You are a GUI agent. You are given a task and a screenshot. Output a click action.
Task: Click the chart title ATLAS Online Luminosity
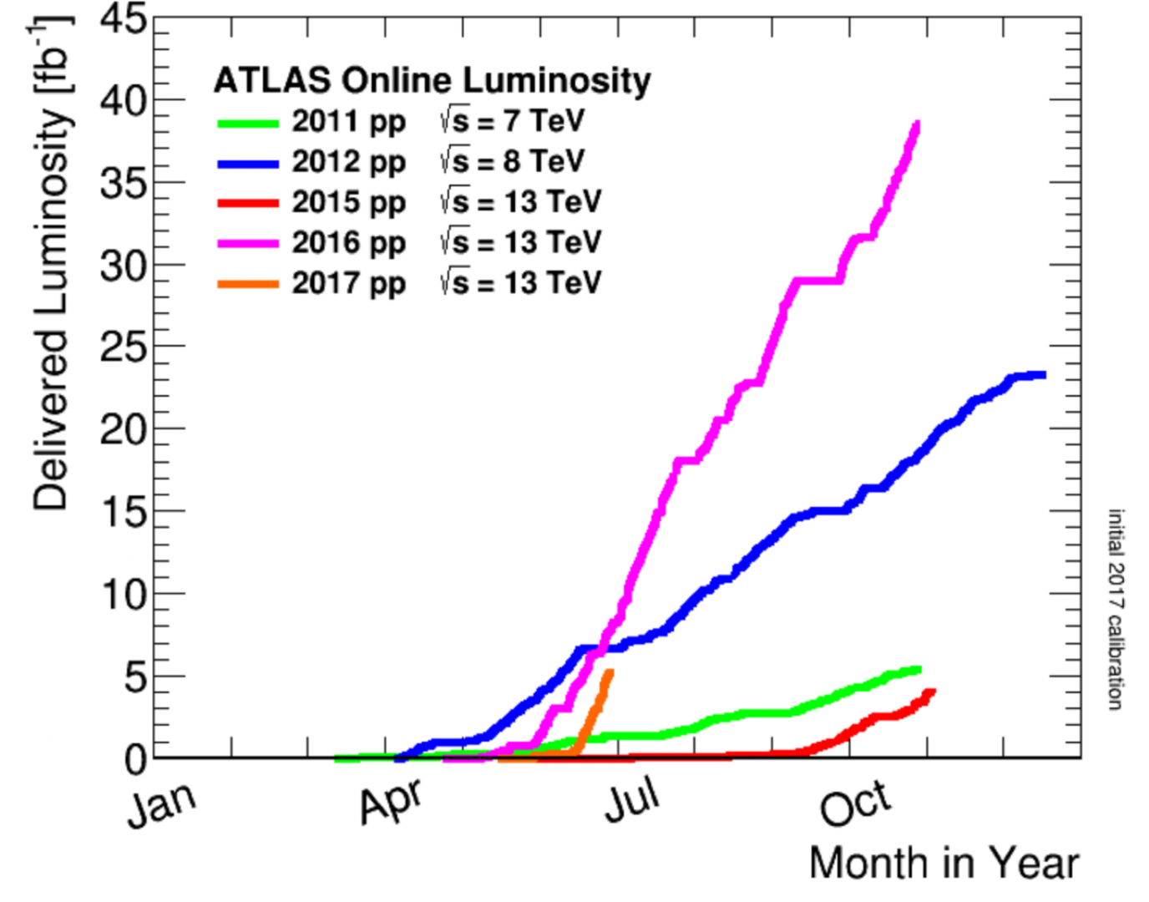click(432, 80)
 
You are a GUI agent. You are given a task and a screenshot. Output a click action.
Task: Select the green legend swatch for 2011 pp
click(248, 124)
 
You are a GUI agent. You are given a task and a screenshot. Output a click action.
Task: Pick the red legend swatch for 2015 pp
click(248, 203)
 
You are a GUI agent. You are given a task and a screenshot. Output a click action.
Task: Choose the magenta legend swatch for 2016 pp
click(248, 244)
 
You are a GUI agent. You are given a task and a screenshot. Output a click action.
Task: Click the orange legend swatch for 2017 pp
click(248, 284)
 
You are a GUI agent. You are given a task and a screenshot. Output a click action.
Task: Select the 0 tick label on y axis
click(135, 759)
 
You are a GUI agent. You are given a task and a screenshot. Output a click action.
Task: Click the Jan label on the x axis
click(161, 804)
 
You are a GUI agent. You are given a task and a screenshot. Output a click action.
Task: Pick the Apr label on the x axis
click(391, 802)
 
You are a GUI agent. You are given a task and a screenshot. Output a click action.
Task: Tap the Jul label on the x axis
click(632, 800)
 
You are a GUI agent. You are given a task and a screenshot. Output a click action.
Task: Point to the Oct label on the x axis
click(855, 803)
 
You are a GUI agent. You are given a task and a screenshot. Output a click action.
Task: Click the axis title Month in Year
click(944, 864)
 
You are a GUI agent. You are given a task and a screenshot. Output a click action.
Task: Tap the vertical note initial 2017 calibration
click(1116, 610)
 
